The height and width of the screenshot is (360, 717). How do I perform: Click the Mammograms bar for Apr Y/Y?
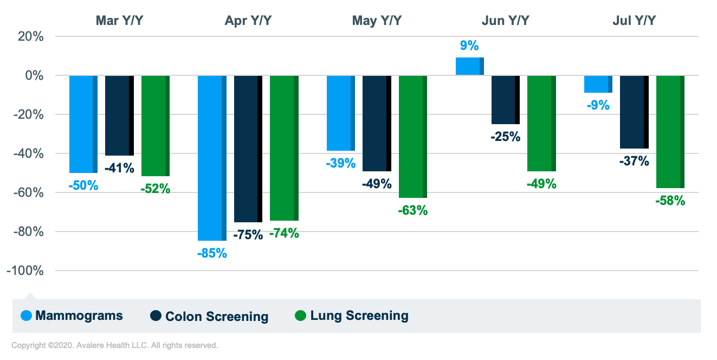[212, 158]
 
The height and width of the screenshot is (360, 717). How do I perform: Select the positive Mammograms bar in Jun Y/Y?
[469, 66]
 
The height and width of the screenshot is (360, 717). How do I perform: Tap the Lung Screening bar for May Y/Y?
[412, 137]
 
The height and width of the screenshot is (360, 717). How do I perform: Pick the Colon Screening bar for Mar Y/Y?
[119, 115]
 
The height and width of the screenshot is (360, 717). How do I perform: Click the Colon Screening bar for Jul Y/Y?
[634, 112]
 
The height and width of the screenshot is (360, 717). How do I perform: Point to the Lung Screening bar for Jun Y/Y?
[541, 124]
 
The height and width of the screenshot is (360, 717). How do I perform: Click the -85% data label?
[212, 253]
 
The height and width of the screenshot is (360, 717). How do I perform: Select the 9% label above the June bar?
[469, 46]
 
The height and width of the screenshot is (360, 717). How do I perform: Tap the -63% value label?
[413, 210]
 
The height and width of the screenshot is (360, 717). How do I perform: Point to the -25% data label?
[506, 137]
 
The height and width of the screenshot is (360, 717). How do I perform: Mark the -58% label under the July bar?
[670, 201]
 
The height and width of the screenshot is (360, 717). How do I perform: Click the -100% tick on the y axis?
[25, 271]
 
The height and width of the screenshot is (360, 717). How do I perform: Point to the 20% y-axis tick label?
[31, 36]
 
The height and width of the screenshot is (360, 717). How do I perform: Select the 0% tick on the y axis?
[34, 75]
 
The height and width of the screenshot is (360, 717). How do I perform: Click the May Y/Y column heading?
[377, 21]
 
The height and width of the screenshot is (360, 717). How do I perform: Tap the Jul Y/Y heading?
[634, 21]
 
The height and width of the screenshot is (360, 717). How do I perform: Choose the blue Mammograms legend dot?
[26, 316]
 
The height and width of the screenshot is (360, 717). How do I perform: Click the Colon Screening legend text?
[217, 317]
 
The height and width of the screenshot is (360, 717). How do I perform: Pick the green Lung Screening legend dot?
[301, 316]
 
